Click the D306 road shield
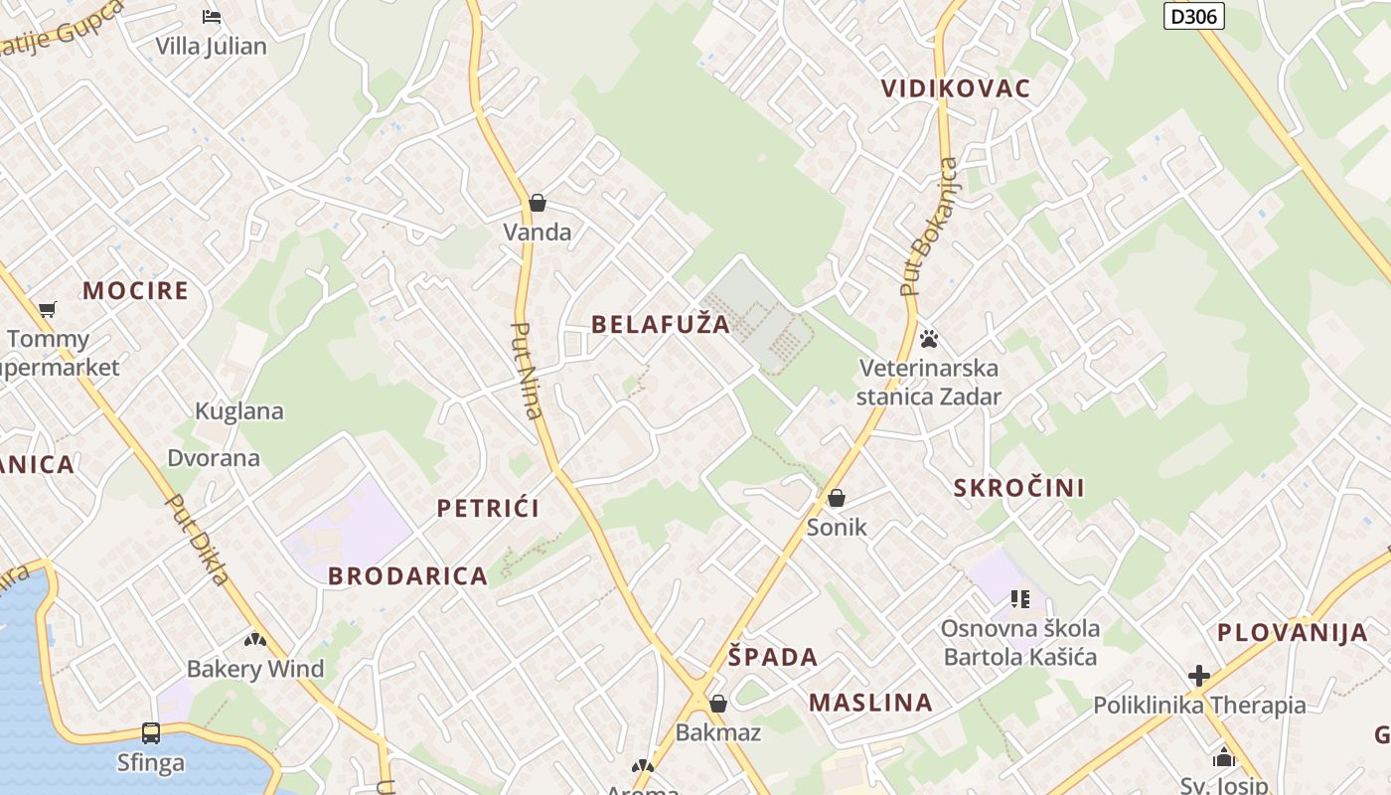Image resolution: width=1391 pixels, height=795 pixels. pos(1193,15)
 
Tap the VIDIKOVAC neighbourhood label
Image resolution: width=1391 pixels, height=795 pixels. pos(956,88)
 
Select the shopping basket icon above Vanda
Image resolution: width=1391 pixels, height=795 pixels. pos(538,203)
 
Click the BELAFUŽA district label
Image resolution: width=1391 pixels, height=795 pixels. pos(661,324)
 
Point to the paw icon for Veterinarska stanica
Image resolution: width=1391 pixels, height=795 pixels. pos(929,339)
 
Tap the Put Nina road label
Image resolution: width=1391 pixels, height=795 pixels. pos(528,370)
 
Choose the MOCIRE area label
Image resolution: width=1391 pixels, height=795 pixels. pos(135,290)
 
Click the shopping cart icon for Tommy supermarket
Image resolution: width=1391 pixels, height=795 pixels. pos(48,309)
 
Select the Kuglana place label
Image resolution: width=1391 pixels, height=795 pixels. pos(239,411)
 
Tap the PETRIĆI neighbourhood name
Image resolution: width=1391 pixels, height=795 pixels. pos(489,509)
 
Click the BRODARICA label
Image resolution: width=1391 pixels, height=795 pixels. pos(408,576)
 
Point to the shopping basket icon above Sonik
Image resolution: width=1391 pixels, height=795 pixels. pos(837,497)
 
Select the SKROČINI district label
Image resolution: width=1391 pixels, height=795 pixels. pos(1019,488)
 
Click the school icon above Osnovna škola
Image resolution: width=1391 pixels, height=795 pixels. pos(1019,598)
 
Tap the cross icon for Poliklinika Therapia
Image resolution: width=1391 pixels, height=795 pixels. pos(1199,676)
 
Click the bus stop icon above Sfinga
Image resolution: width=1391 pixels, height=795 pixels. pos(151,733)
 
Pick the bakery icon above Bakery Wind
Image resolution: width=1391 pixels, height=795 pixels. pos(255,640)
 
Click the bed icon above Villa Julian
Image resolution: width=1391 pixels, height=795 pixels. pos(211,16)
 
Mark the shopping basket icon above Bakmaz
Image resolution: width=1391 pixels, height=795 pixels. pos(718,704)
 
